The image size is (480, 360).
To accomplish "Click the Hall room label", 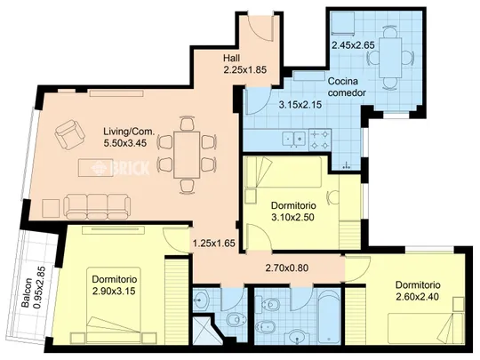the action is [231, 58].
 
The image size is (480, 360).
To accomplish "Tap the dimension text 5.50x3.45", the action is [125, 143].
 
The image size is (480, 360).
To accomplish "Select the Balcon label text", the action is [28, 292].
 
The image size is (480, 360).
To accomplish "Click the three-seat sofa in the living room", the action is [97, 206].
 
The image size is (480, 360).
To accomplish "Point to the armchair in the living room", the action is [70, 134].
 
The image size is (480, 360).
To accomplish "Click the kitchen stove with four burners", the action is [320, 140].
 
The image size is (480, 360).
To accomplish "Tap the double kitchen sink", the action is [294, 140].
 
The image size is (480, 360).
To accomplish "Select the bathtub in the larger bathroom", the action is [329, 317].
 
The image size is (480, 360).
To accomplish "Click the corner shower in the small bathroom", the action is [205, 330].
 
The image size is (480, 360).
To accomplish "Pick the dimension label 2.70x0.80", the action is [287, 268].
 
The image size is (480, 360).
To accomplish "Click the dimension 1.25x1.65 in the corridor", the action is [214, 244].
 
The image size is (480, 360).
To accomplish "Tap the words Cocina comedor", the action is [347, 87].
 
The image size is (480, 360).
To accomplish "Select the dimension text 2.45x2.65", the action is [353, 45].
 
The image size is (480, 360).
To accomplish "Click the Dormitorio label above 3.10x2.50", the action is [293, 205].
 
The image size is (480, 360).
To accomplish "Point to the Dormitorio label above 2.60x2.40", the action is [418, 285].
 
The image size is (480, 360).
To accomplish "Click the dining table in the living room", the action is [187, 155].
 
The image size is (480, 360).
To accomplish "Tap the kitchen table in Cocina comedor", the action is [390, 58].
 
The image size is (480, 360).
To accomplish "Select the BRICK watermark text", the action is [120, 168].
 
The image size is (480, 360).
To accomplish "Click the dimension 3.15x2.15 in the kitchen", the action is [300, 105].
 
